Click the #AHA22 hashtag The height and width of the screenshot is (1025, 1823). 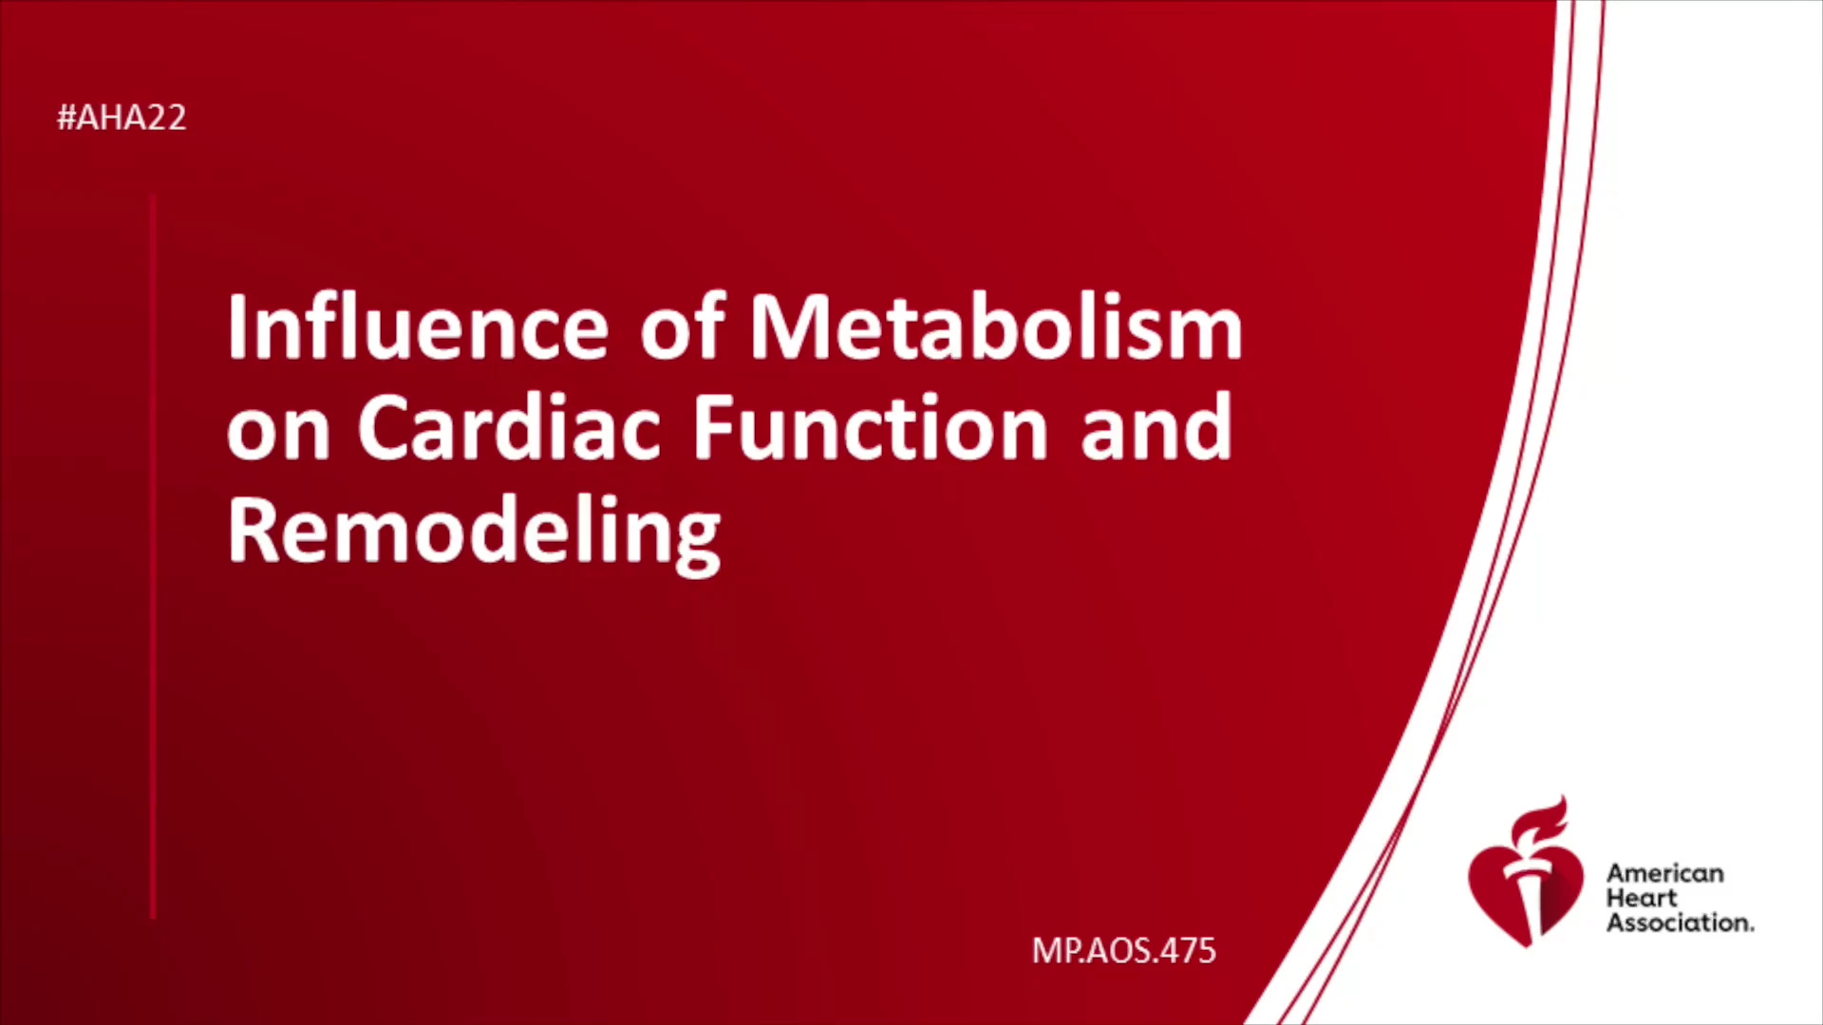122,118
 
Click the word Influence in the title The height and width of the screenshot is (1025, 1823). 418,327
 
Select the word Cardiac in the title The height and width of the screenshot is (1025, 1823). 509,427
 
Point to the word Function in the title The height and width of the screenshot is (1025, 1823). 870,427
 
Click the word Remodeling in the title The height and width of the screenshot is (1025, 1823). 474,534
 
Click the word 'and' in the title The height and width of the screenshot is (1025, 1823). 1156,427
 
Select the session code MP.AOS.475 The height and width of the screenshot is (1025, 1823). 1124,951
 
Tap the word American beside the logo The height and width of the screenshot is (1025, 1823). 1665,873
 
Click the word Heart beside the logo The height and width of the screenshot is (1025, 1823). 1642,898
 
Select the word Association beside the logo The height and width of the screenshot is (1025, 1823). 1680,922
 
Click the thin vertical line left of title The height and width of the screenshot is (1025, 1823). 153,557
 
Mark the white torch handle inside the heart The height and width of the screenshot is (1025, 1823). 1528,897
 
